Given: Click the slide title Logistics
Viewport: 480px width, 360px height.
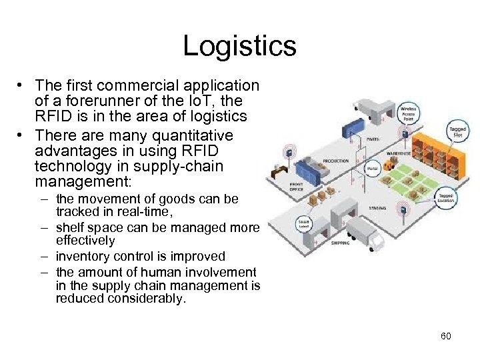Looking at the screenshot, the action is click(239, 45).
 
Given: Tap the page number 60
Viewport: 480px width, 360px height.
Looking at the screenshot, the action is click(446, 336).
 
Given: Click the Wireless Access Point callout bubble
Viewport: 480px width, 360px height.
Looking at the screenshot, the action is click(409, 112).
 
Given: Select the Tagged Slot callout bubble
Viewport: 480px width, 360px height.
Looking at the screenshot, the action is click(457, 131).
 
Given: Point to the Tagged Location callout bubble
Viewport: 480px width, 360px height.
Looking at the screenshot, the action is click(447, 197).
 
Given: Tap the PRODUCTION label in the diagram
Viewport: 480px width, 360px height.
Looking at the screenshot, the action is click(336, 161).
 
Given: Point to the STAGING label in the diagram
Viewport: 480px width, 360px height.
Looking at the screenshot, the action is click(378, 208).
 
